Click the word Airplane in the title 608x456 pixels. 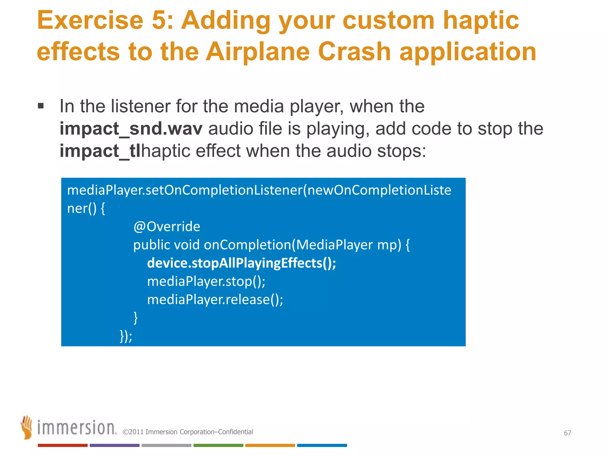coord(258,52)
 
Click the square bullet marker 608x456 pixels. coord(41,106)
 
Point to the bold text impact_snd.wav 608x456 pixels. coord(131,129)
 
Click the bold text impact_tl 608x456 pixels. coord(100,151)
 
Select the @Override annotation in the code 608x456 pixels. coord(167,227)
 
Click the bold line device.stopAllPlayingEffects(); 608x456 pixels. coord(241,263)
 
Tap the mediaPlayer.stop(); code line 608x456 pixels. coord(206,281)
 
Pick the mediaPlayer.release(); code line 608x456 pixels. coord(215,299)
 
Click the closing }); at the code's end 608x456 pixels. coord(126,336)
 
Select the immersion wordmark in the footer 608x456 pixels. coord(77,428)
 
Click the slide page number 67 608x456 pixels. coord(567,433)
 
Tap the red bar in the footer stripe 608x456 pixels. coord(62,445)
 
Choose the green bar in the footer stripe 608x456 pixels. coord(218,445)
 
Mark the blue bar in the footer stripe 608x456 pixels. coord(322,445)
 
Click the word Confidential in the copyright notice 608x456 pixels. coord(236,432)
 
